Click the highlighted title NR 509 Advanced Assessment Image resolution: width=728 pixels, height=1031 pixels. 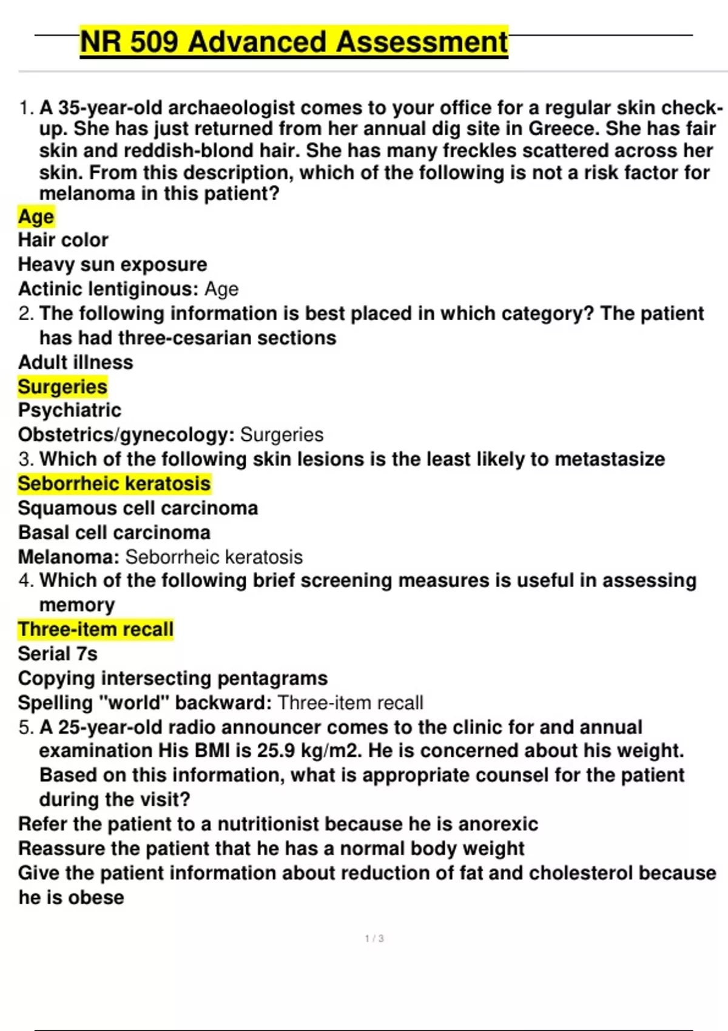pos(294,42)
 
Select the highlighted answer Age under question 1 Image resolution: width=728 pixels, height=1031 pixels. pos(36,217)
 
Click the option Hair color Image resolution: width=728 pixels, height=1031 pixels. pos(63,240)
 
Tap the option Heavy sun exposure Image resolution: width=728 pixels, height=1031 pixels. pos(112,264)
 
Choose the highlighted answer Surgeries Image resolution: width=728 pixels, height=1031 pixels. pos(62,386)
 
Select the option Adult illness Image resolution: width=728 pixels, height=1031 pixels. pos(75,362)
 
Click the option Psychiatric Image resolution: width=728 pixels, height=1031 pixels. pos(69,411)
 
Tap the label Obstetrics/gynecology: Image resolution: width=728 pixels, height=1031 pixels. pos(126,435)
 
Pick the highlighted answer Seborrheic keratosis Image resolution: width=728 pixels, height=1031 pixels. pos(114,483)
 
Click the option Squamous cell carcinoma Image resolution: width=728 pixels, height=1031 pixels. pos(138,508)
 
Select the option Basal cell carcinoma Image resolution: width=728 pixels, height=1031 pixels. pos(114,532)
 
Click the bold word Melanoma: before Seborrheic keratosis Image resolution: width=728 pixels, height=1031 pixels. pos(69,557)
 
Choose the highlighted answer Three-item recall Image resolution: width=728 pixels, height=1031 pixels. pos(95,630)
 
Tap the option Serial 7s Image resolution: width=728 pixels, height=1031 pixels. pos(58,654)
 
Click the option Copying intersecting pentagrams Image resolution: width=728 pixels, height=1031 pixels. pos(172,678)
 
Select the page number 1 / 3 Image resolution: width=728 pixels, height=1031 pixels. pos(374,939)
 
